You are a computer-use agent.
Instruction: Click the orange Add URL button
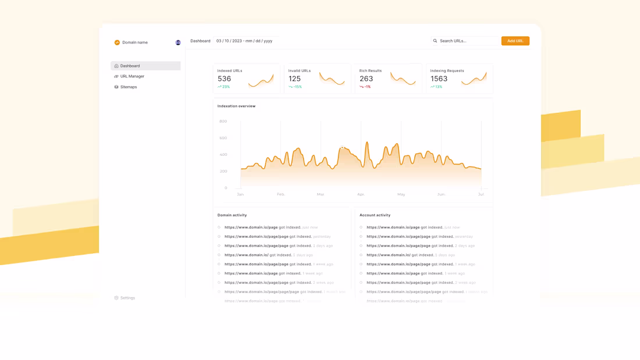515,41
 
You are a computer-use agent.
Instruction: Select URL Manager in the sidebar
132,76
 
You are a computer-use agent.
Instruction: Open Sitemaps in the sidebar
129,87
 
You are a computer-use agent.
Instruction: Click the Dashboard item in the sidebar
130,66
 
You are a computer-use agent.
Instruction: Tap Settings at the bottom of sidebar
127,298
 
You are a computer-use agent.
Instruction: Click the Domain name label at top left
135,42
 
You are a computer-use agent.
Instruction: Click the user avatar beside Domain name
178,42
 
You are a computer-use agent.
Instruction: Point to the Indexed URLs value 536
224,79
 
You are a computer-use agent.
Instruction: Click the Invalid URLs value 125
294,79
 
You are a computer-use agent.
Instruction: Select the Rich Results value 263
366,79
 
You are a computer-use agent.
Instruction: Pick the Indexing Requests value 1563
439,79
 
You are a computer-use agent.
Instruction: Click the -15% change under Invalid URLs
297,87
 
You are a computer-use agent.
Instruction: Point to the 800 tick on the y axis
223,121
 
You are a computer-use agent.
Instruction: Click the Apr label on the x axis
361,194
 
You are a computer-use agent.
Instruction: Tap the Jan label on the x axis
240,194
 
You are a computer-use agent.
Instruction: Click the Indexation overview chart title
236,106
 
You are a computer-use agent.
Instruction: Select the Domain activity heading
232,215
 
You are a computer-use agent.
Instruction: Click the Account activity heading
375,215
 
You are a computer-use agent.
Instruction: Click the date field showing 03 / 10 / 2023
244,41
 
